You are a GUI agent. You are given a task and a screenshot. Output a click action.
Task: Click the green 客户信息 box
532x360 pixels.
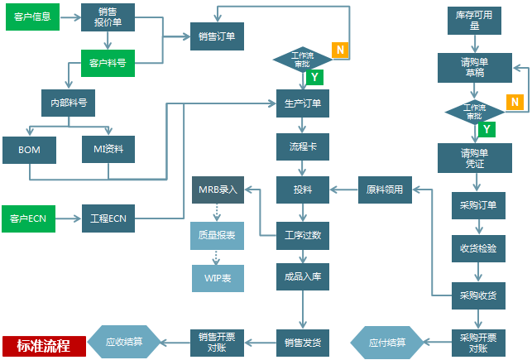pyautogui.click(x=31, y=17)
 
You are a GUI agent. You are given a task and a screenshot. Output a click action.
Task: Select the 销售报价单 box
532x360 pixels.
pyautogui.click(x=108, y=17)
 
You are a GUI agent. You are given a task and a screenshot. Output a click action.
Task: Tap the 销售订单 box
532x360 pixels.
pyautogui.click(x=217, y=36)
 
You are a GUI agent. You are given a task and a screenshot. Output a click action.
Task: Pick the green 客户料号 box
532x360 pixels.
pyautogui.click(x=108, y=63)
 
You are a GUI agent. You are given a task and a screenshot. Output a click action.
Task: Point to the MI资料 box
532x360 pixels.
pyautogui.click(x=108, y=150)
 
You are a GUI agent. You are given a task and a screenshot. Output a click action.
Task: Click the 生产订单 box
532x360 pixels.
pyautogui.click(x=302, y=103)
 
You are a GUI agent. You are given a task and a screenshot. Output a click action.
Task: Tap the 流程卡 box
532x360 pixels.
pyautogui.click(x=302, y=146)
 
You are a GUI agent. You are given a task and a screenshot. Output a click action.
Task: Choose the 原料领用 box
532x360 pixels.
pyautogui.click(x=384, y=190)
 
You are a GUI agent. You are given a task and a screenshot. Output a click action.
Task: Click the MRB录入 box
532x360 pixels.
pyautogui.click(x=218, y=190)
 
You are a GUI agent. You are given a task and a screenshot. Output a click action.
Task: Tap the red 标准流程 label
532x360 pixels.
pyautogui.click(x=43, y=345)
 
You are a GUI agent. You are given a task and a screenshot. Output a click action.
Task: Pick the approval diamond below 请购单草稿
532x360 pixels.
pyautogui.click(x=474, y=112)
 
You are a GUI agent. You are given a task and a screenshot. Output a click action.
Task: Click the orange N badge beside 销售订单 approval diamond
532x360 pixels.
pyautogui.click(x=339, y=49)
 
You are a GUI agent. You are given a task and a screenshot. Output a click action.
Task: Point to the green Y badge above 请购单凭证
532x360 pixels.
pyautogui.click(x=487, y=129)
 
